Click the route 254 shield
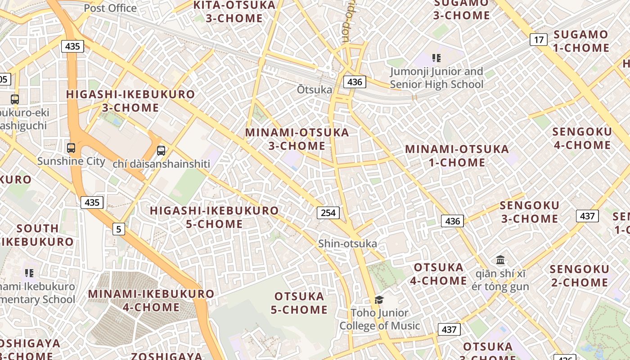click(328, 212)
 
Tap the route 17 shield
click(538, 40)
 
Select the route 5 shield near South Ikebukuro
click(118, 229)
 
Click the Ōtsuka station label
click(314, 90)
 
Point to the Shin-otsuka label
click(347, 243)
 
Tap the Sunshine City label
click(71, 161)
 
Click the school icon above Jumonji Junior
click(436, 58)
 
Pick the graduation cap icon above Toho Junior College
click(379, 300)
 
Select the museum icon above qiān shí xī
click(500, 260)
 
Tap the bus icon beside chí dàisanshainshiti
click(161, 150)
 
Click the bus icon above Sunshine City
click(71, 148)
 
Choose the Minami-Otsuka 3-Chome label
click(297, 139)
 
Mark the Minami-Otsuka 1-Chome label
click(457, 156)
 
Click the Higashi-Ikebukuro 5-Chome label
click(214, 217)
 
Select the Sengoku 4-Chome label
click(582, 138)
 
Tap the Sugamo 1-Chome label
click(581, 41)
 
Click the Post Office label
click(110, 8)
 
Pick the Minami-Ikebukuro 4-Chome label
click(151, 301)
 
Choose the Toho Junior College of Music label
click(379, 319)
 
